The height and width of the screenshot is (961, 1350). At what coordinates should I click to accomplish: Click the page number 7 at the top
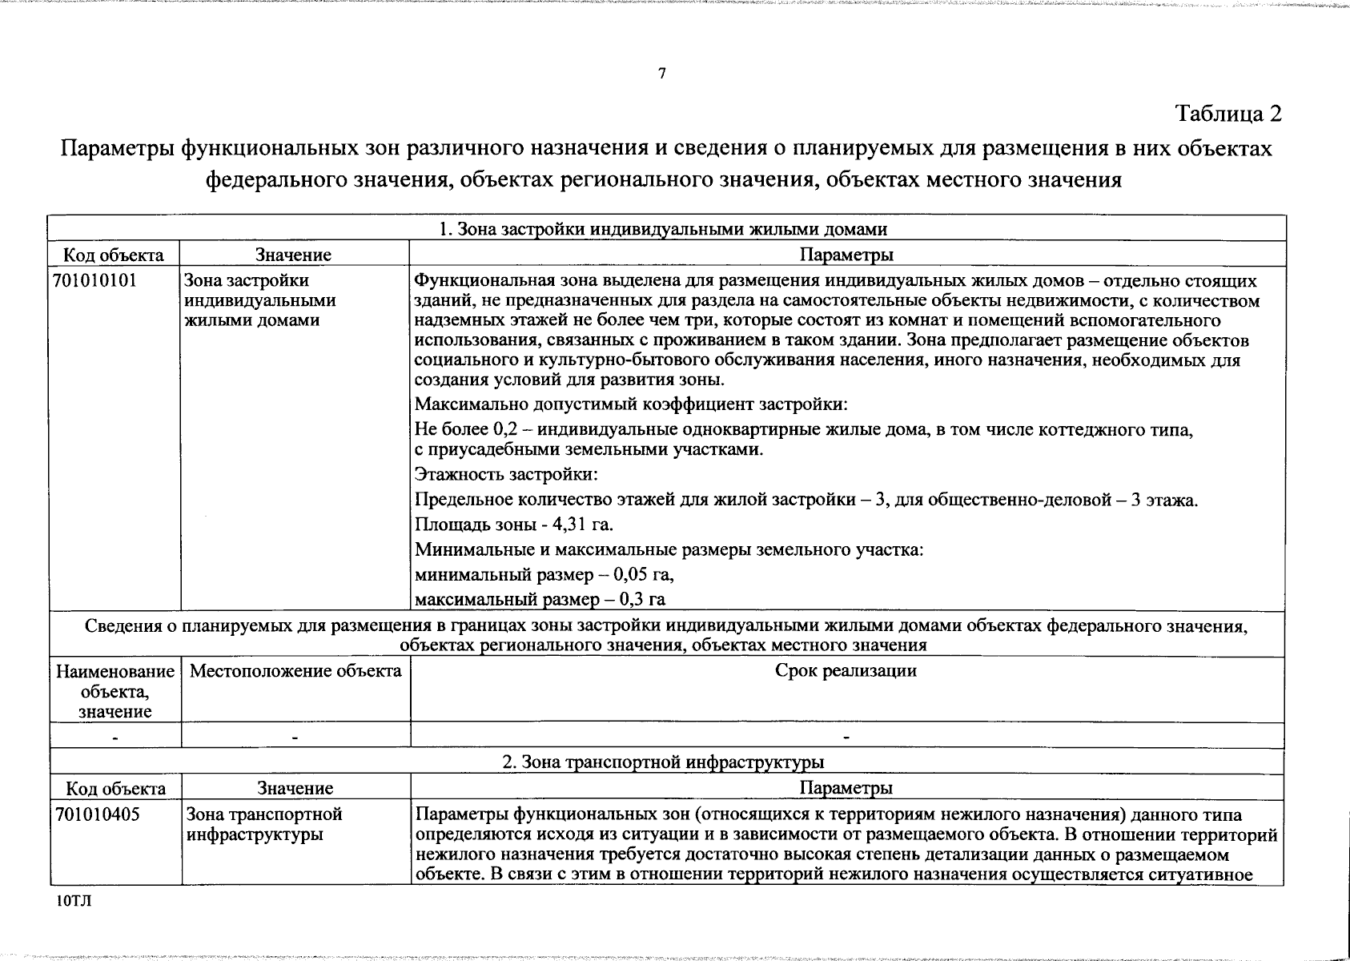tap(661, 74)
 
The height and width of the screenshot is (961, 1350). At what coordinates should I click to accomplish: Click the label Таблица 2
tap(1228, 114)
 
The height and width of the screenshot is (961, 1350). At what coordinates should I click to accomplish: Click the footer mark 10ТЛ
tap(74, 901)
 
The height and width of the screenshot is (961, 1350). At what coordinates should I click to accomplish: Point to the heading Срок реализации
tap(846, 671)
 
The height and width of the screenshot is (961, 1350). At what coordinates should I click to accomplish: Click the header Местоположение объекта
tap(295, 671)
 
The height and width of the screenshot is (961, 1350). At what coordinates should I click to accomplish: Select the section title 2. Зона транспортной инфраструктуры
tap(663, 762)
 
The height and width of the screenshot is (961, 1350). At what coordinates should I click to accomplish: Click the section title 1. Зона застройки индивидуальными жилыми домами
tap(663, 229)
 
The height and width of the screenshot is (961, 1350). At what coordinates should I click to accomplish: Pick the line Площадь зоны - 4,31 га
tap(514, 525)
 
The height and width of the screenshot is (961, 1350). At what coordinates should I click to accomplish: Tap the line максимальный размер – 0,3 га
tap(540, 599)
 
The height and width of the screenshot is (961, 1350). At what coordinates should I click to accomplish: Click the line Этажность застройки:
tap(506, 474)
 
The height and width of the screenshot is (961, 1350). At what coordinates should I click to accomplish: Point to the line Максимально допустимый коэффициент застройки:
tap(631, 404)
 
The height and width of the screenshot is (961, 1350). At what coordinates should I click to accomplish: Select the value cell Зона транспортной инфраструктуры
tap(264, 824)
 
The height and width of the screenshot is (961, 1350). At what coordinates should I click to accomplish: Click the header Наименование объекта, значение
tap(115, 690)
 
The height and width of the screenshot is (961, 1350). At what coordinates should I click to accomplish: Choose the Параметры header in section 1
tap(846, 255)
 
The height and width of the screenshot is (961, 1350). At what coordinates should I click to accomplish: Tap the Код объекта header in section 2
tap(115, 788)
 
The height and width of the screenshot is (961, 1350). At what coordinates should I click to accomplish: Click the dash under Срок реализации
tap(846, 735)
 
